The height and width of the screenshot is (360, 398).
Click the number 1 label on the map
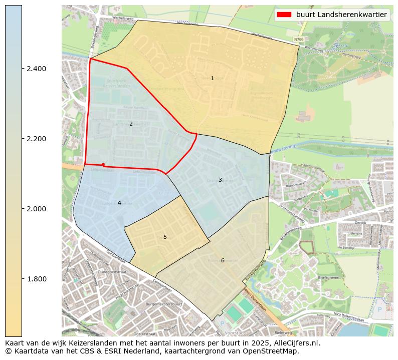click(212, 78)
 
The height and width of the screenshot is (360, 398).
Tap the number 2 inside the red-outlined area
click(131, 124)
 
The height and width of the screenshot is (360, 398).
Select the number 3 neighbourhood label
click(220, 180)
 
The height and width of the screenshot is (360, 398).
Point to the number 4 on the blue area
click(119, 203)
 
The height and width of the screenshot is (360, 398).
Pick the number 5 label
click(165, 237)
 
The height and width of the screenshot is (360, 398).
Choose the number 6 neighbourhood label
click(223, 260)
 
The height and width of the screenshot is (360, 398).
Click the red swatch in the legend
click(284, 15)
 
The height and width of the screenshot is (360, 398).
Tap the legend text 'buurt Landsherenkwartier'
click(341, 15)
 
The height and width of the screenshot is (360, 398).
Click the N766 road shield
click(299, 39)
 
